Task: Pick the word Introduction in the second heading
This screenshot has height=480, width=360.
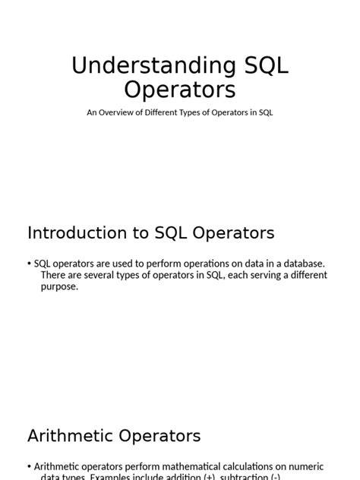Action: pyautogui.click(x=74, y=232)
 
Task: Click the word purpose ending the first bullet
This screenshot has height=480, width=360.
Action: pyautogui.click(x=58, y=287)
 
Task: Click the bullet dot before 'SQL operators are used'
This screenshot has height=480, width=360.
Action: pyautogui.click(x=30, y=264)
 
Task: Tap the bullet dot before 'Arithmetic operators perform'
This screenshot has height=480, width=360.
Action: pyautogui.click(x=30, y=466)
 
